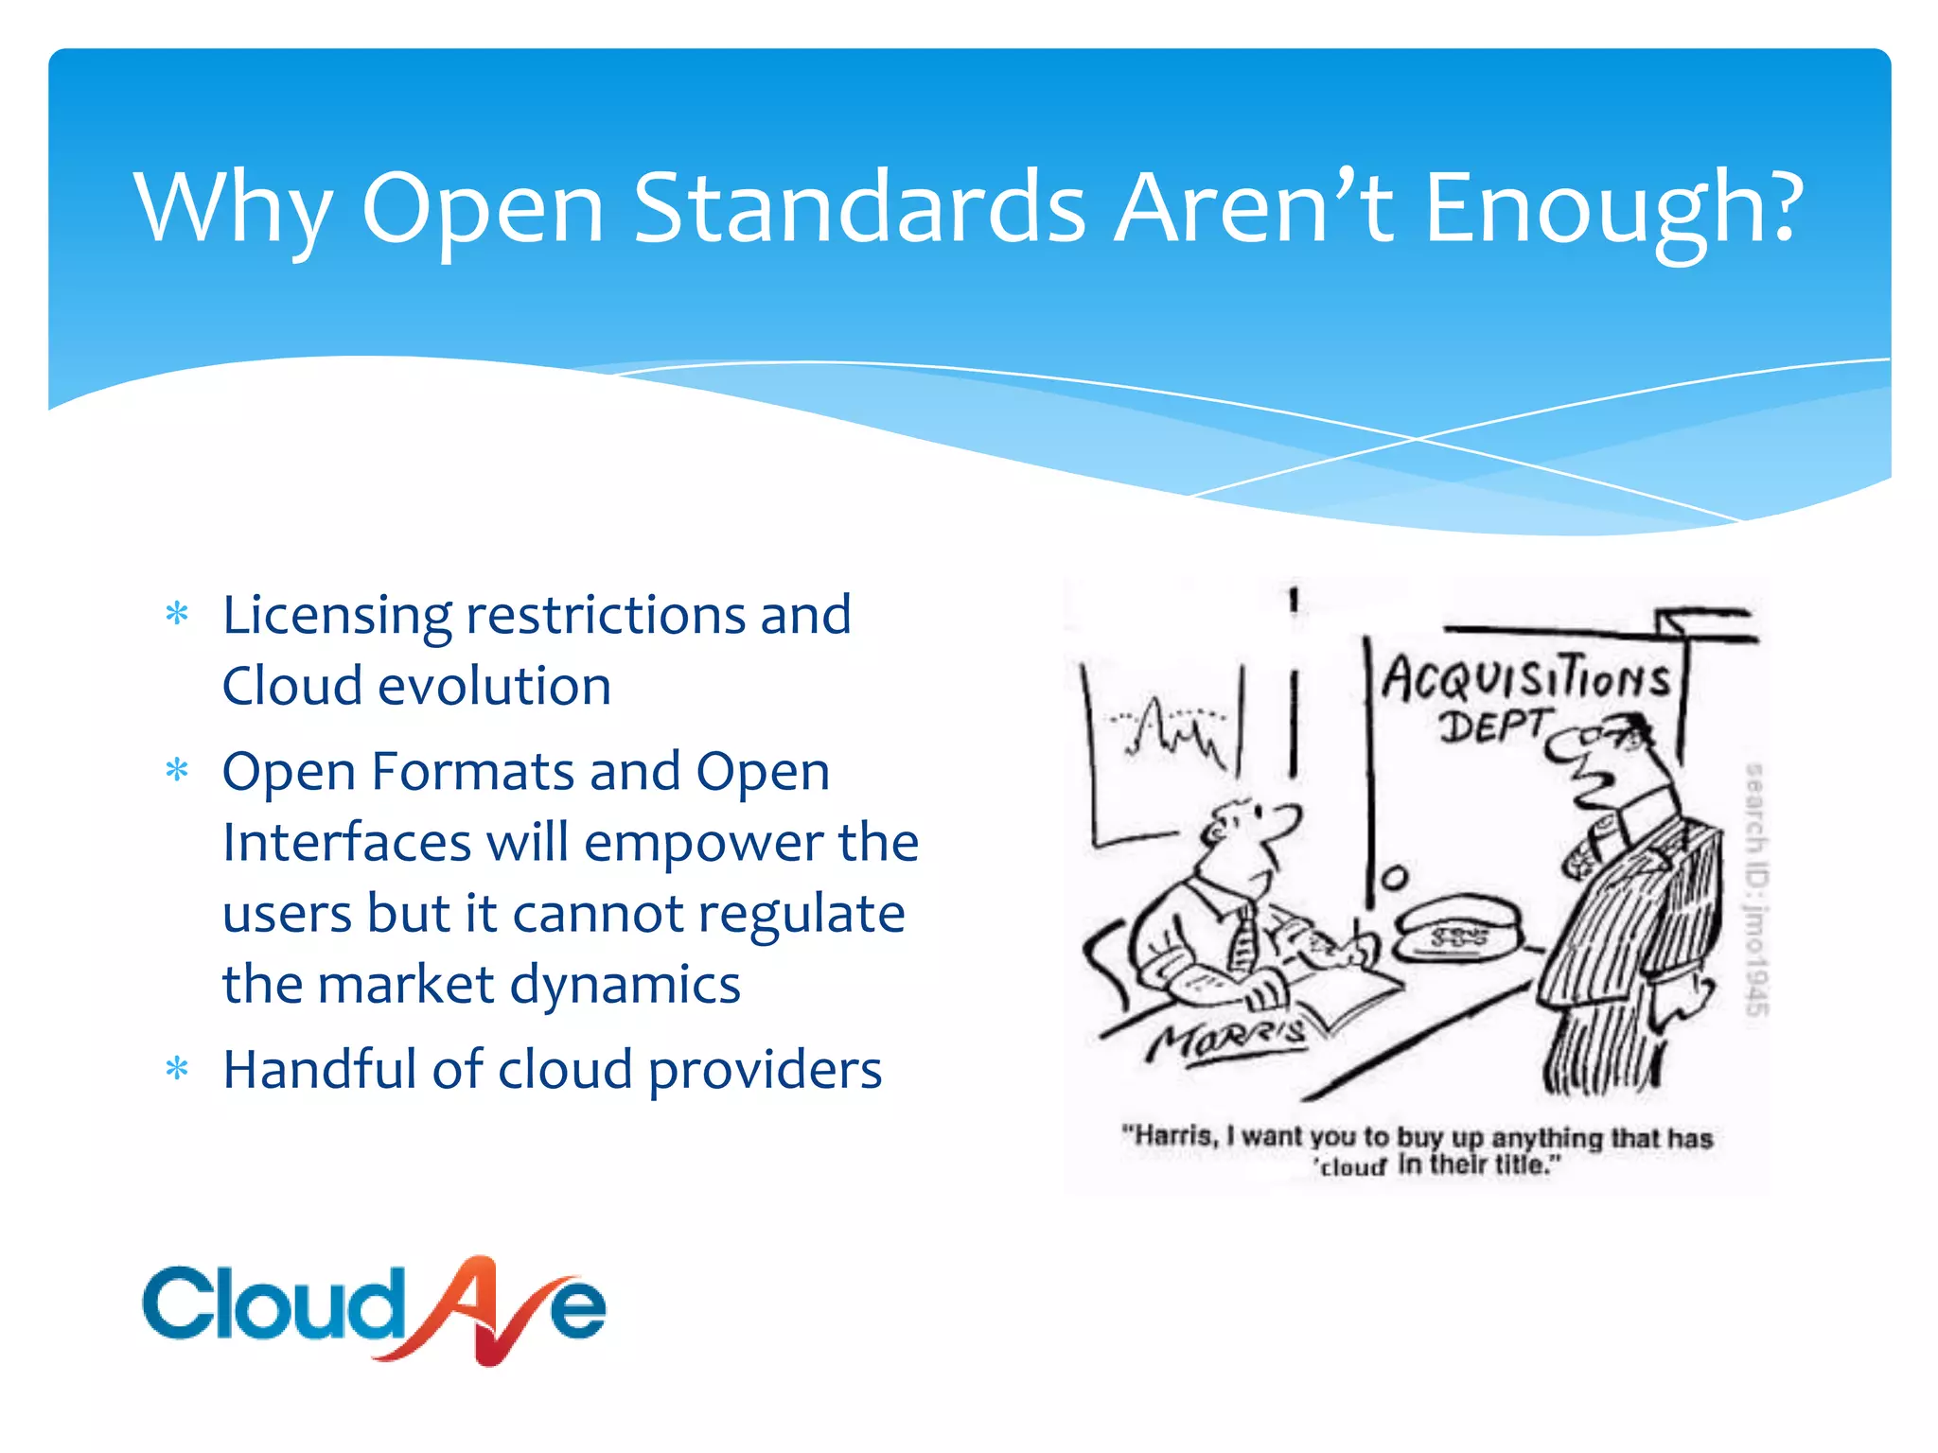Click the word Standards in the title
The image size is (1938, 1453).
[859, 206]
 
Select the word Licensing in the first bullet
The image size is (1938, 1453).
[336, 617]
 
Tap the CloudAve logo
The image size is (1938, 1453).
[374, 1309]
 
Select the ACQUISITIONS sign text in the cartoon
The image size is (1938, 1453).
[1525, 679]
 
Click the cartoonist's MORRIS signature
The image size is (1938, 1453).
[1228, 1037]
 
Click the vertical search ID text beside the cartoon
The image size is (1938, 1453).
[1756, 889]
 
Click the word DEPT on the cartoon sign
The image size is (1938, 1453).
[1490, 726]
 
